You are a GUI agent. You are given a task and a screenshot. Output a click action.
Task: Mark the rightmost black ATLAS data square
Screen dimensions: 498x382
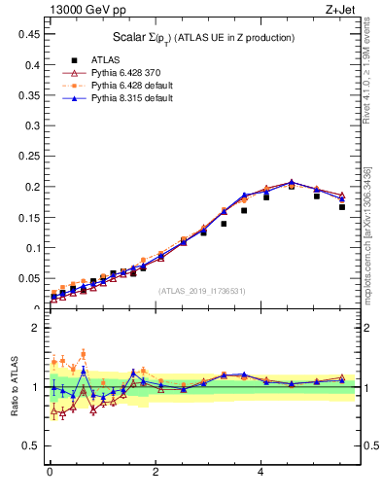coord(342,206)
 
